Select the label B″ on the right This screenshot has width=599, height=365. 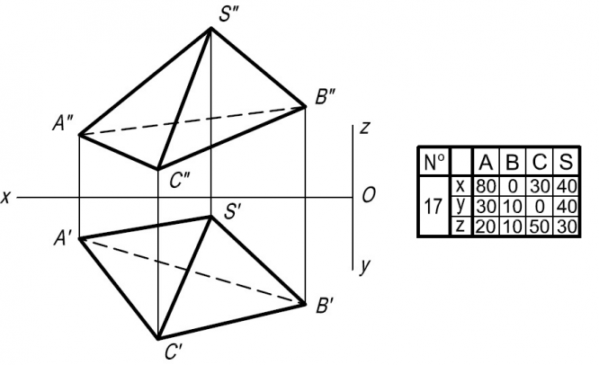(x=325, y=99)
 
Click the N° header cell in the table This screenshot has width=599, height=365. (x=434, y=163)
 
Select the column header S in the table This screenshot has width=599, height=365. (x=564, y=163)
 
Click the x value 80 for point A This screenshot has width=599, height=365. (x=486, y=186)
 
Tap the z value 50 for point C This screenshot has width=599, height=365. (x=538, y=227)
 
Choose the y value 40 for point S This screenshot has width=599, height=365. (x=564, y=207)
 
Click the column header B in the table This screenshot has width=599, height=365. (x=512, y=163)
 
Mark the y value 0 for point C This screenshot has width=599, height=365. (x=538, y=207)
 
